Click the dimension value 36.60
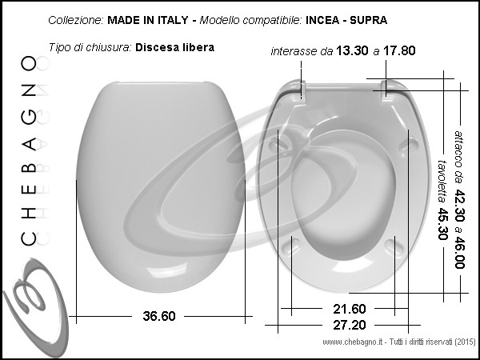click(159, 316)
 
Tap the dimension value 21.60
click(350, 309)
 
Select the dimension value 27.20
click(350, 325)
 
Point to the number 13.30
click(352, 50)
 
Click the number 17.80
click(399, 50)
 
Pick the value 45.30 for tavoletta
click(442, 224)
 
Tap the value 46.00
click(459, 253)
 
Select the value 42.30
click(459, 206)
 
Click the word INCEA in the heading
click(322, 20)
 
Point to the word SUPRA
click(369, 20)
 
